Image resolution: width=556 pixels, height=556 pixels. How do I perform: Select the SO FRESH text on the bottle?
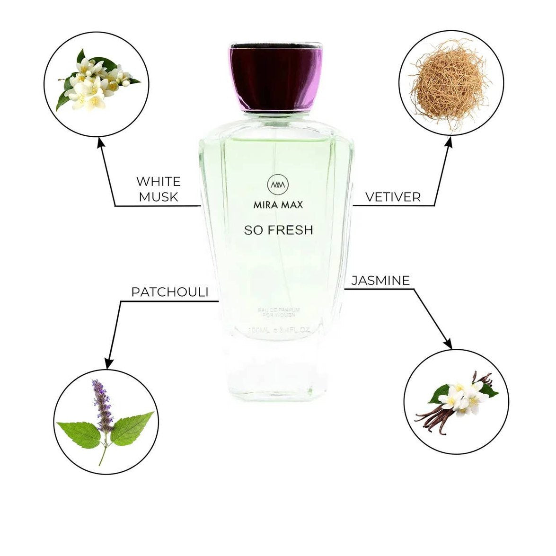(x=278, y=230)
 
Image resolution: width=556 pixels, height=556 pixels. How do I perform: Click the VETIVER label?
(x=393, y=197)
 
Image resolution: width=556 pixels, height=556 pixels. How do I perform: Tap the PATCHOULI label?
(x=170, y=292)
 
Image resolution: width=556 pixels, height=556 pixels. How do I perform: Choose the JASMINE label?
(x=380, y=281)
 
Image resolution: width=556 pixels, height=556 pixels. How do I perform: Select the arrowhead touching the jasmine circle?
(x=448, y=345)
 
